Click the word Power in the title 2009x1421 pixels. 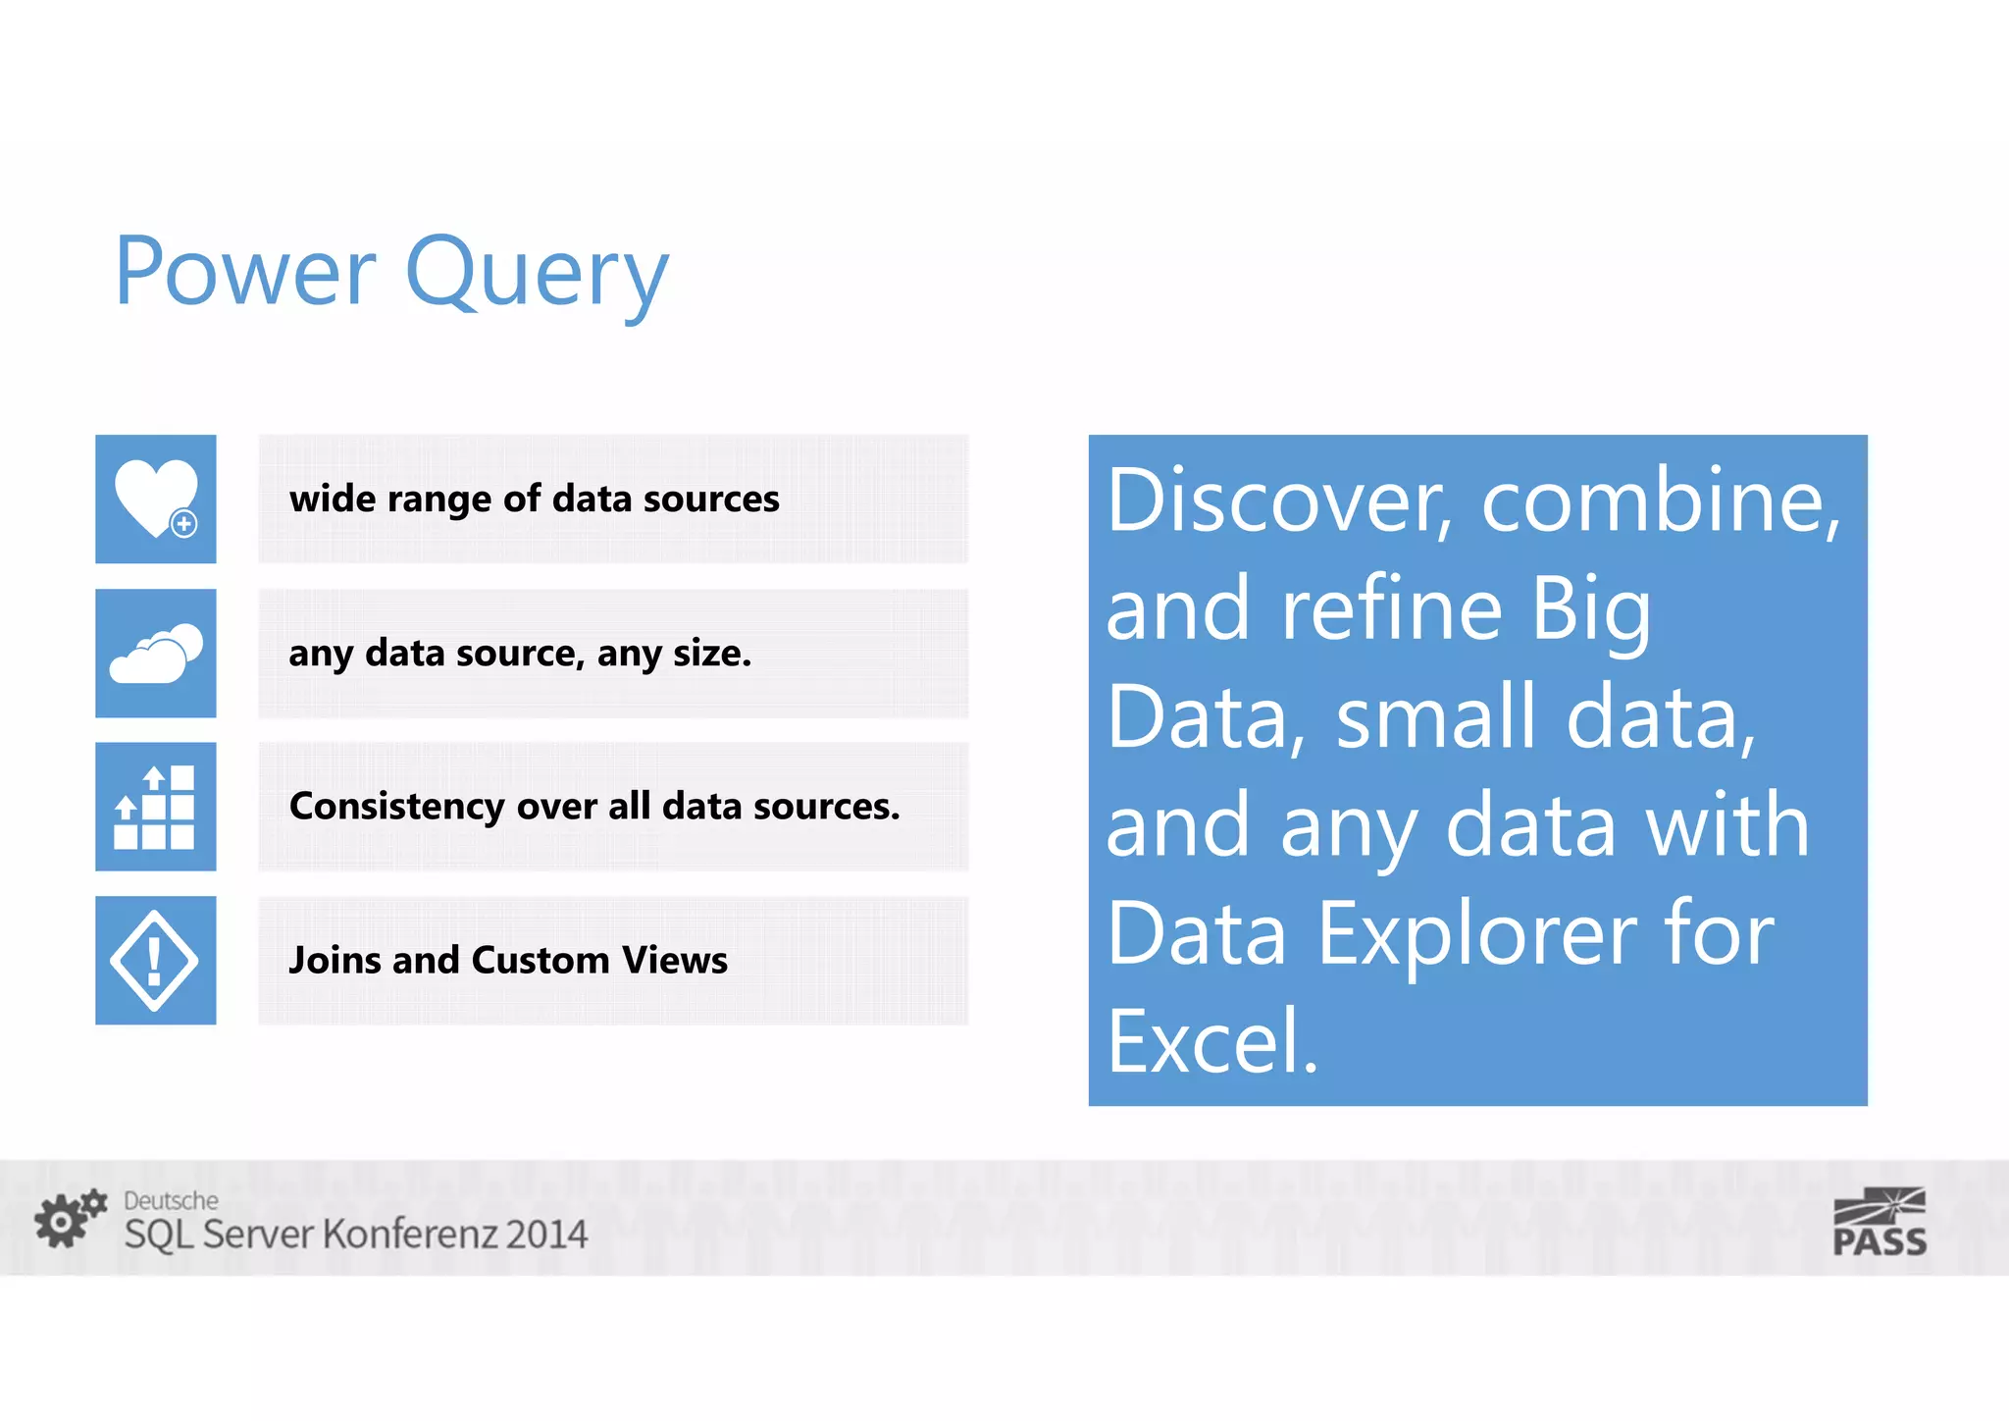tap(245, 271)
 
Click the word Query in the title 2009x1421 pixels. tap(537, 275)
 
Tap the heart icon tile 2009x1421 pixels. tap(155, 498)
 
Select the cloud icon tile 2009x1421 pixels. tap(155, 653)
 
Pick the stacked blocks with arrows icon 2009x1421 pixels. tap(155, 807)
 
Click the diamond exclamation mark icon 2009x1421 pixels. tap(155, 960)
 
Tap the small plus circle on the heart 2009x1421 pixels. tap(183, 524)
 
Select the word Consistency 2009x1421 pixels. tap(396, 807)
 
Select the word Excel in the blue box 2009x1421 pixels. tap(1211, 1042)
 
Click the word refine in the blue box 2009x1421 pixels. tap(1391, 608)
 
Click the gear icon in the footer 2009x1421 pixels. tap(69, 1219)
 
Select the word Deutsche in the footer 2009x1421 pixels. tap(171, 1200)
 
